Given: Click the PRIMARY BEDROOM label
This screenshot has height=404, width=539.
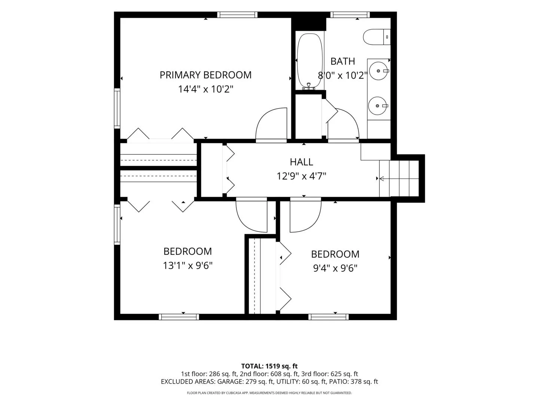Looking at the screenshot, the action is coord(205,75).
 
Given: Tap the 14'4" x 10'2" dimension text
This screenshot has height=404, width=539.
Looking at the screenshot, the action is coord(205,89).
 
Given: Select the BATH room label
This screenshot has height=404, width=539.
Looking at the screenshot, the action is coord(342,61).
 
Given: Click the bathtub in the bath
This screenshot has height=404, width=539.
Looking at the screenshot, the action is coord(310,61).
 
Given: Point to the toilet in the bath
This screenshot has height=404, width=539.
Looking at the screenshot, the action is coord(377,37).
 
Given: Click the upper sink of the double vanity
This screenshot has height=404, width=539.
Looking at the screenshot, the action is coord(379,71).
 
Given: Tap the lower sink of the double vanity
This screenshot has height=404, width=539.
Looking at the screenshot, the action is coord(378,106).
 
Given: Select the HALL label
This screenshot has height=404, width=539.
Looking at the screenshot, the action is coord(301,162).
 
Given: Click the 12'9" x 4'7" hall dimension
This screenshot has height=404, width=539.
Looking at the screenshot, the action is coord(301,176).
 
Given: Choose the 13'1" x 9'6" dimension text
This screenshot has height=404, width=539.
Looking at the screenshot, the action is coord(188,266).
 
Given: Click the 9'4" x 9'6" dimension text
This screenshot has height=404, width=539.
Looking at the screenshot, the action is coord(335,268).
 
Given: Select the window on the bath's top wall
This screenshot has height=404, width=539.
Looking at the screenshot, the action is coord(350,15).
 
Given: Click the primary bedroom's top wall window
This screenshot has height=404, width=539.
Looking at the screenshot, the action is coord(237,15).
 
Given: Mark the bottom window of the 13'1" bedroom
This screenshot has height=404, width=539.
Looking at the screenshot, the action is coord(179,317).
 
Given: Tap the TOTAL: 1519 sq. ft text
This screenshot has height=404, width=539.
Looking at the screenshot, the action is coord(269,366).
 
